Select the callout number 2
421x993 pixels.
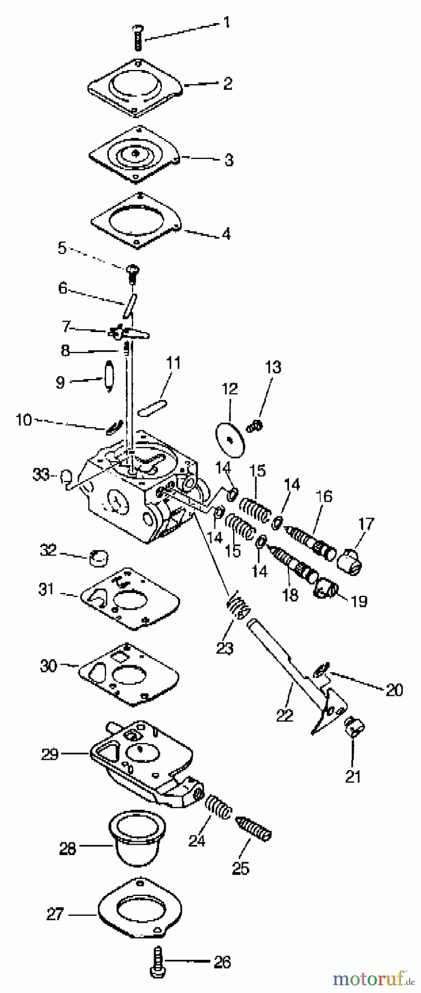pyautogui.click(x=228, y=84)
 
